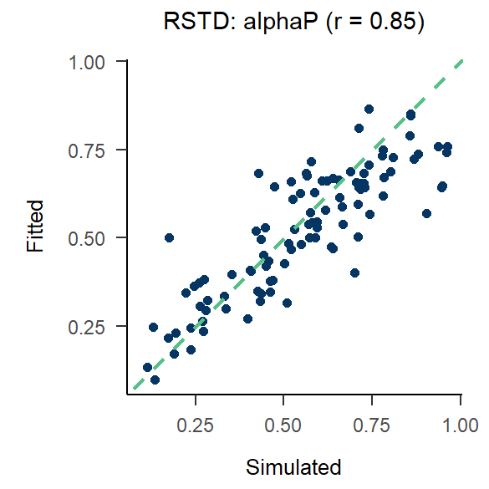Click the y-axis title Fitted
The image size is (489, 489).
coord(35,226)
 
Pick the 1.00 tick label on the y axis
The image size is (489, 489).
coord(95,61)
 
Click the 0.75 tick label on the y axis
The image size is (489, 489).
coord(95,150)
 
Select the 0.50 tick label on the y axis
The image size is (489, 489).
coord(95,238)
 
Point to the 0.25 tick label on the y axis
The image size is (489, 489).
coord(95,327)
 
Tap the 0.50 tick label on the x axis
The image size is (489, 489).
coord(284,424)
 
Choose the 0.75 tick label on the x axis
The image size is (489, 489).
coord(373,424)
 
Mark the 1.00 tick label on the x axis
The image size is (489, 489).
coord(461,424)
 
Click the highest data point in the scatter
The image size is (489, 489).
coord(369,109)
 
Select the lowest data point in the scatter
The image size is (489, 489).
coord(155,379)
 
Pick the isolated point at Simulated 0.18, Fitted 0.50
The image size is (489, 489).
coord(169,237)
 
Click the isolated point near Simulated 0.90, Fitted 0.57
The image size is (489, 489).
coord(426,213)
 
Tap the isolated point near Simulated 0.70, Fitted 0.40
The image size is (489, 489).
coord(354,273)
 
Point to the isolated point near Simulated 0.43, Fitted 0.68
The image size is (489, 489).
coord(258,173)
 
